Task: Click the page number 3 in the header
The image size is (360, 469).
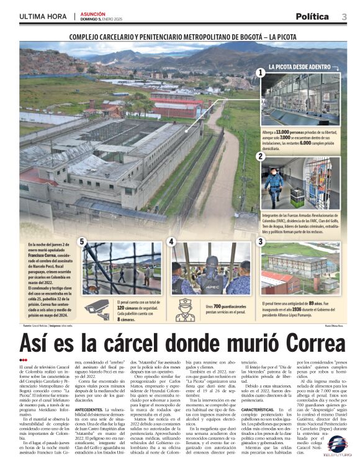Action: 344,16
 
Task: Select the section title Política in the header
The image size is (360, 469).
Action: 312,17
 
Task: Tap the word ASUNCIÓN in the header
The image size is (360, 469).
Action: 92,14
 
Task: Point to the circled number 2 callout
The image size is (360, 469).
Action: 261,156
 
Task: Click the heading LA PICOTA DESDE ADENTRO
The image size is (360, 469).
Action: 299,66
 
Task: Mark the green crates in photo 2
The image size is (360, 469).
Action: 299,197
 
